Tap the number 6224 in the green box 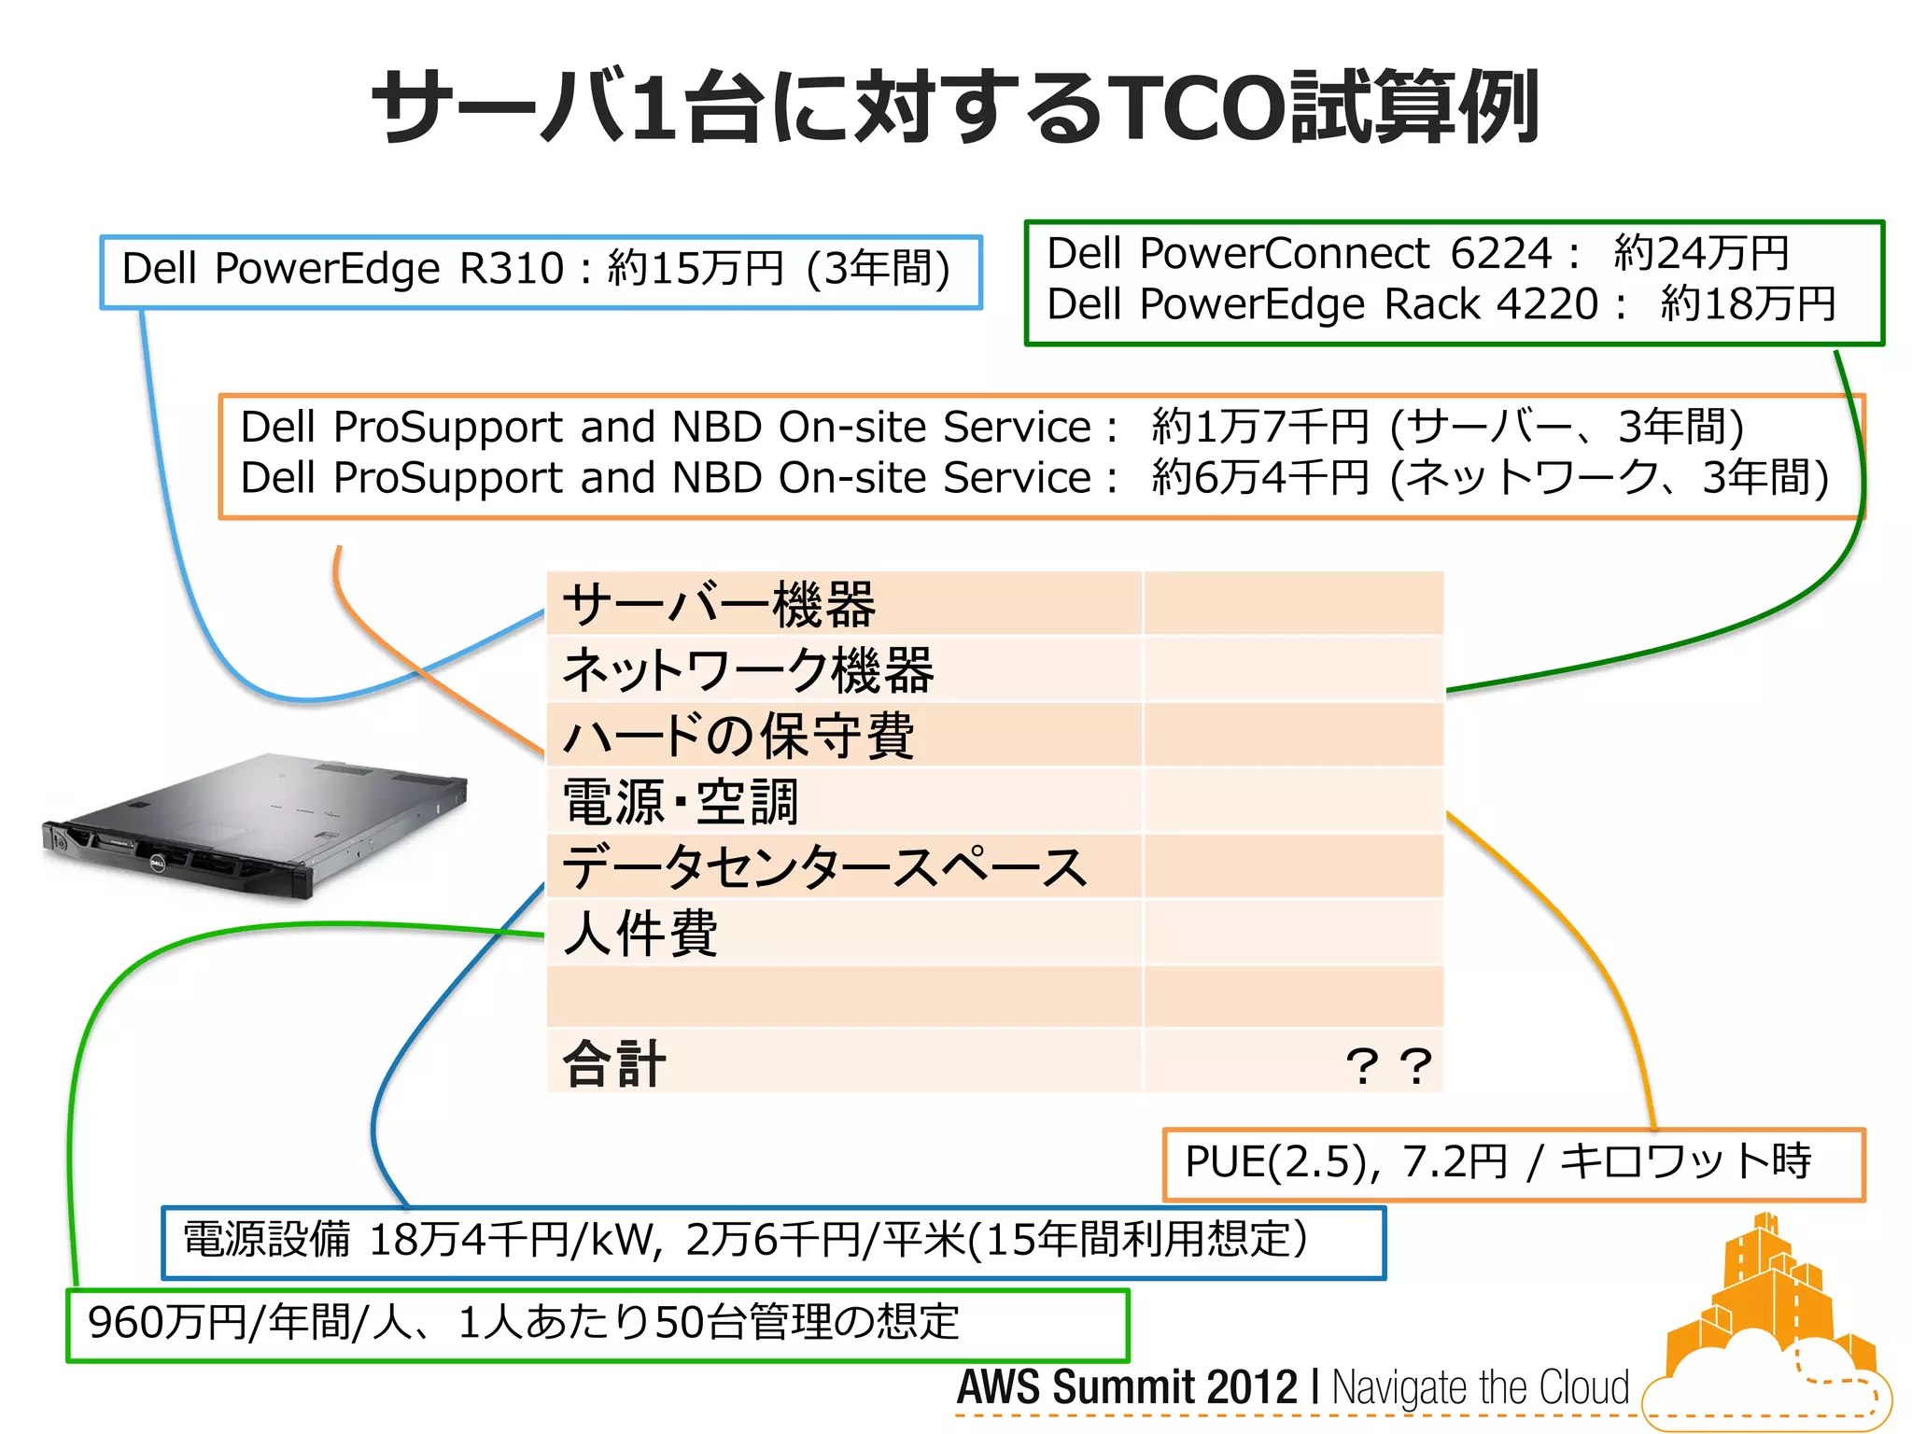[x=1500, y=253]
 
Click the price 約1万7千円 [x=1259, y=428]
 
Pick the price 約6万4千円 [x=1259, y=478]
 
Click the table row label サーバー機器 [x=719, y=605]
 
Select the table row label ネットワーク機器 [x=748, y=670]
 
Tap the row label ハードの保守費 [x=738, y=736]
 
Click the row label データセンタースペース [x=824, y=867]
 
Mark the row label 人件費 [x=640, y=933]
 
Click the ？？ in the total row [x=1388, y=1065]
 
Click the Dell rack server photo [x=254, y=826]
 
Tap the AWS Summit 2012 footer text [x=1127, y=1387]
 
